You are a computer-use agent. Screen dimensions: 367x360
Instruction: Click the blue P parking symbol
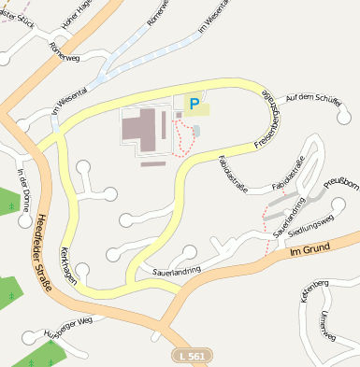[194, 105]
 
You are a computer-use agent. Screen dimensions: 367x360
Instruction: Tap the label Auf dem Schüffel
[310, 98]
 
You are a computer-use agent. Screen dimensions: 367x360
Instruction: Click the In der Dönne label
[24, 185]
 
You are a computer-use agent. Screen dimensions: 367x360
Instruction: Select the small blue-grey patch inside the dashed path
[195, 130]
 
